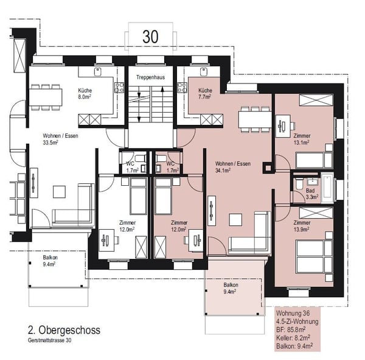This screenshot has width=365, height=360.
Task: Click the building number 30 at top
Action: coord(150,37)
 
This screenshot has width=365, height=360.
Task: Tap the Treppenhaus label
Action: coord(150,77)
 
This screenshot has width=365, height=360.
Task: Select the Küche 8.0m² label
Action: coord(85,93)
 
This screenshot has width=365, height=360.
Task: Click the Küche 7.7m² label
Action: coord(205,93)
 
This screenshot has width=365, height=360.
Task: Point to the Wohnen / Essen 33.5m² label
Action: coord(60,139)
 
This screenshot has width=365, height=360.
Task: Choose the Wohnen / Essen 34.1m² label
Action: coord(233,167)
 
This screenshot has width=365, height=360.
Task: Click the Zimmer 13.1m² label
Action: coord(302,139)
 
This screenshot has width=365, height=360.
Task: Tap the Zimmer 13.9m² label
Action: coord(302,226)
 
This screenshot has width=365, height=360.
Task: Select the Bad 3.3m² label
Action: coord(311,194)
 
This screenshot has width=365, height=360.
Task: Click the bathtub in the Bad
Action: coord(327,188)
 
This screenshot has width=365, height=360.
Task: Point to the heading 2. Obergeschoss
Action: coord(64,330)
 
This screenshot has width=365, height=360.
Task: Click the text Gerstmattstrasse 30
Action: coord(50,340)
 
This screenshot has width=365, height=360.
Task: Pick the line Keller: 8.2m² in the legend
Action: coord(293,337)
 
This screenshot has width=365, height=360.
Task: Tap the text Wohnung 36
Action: coord(293,313)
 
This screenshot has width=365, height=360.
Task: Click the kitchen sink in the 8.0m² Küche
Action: coord(98,72)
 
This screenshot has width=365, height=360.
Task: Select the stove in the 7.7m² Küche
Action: coord(182,88)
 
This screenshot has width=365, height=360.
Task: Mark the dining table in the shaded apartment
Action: coord(255,119)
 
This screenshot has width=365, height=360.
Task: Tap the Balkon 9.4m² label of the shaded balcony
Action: coord(230,288)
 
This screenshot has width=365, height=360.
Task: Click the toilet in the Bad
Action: coord(299,184)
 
